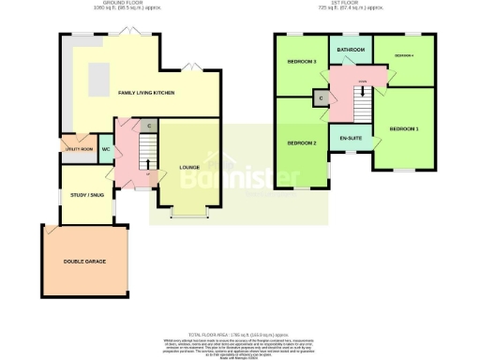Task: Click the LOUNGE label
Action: click(x=188, y=167)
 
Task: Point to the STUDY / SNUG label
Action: click(x=85, y=195)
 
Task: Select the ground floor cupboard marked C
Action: click(x=148, y=127)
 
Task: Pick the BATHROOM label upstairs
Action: click(x=351, y=50)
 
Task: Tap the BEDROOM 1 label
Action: click(x=404, y=127)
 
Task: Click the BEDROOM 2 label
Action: click(x=301, y=142)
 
